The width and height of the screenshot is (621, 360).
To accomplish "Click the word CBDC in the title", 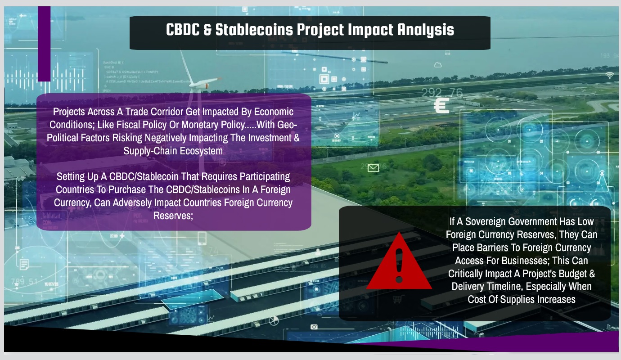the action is click(x=183, y=29).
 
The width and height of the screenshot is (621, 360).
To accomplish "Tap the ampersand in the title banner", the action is click(x=207, y=30).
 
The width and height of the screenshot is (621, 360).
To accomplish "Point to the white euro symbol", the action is click(x=441, y=106).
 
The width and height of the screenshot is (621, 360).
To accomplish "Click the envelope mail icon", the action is click(x=373, y=168).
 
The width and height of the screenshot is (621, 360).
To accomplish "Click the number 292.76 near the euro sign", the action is click(x=442, y=92).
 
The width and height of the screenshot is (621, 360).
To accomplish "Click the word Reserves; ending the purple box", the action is click(x=173, y=216).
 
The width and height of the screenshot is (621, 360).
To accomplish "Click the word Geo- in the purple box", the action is click(x=287, y=125).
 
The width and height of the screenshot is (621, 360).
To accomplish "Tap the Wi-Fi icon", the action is click(x=609, y=75).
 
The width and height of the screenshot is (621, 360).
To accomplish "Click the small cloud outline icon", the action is click(x=438, y=65).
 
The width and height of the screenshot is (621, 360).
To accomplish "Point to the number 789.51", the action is click(x=24, y=282).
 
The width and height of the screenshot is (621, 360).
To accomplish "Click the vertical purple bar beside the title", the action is click(x=44, y=44).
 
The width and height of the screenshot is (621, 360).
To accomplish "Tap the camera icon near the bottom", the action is click(x=314, y=327).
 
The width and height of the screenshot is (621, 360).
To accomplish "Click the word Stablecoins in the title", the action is click(x=254, y=30).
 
